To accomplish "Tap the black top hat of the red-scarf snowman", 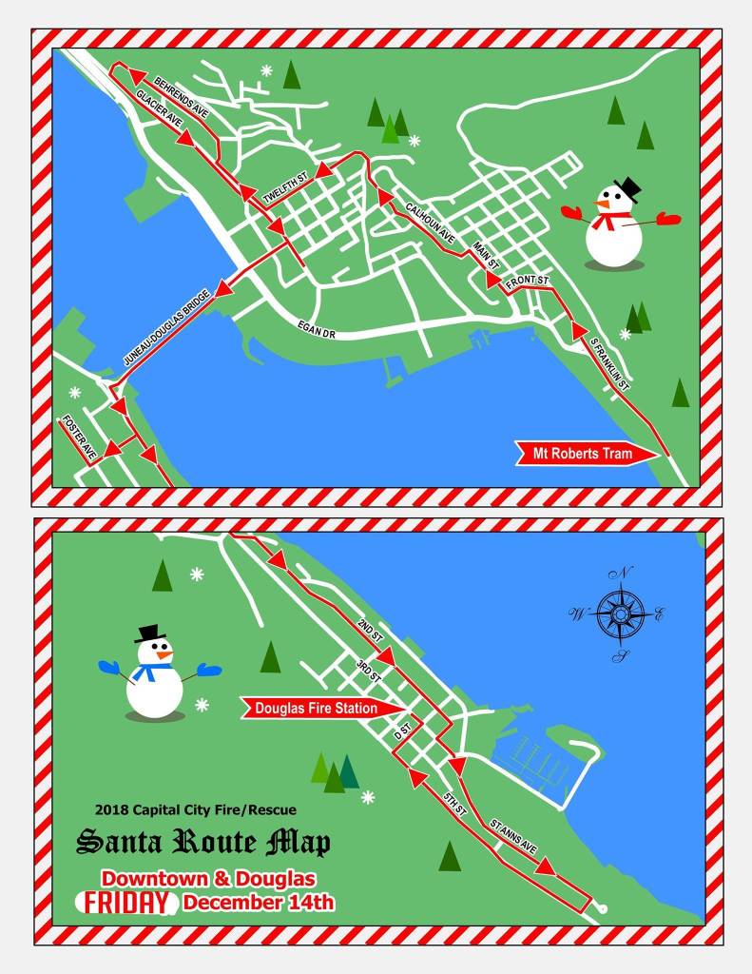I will tap(627, 188).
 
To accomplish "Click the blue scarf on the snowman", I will tap(150, 671).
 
